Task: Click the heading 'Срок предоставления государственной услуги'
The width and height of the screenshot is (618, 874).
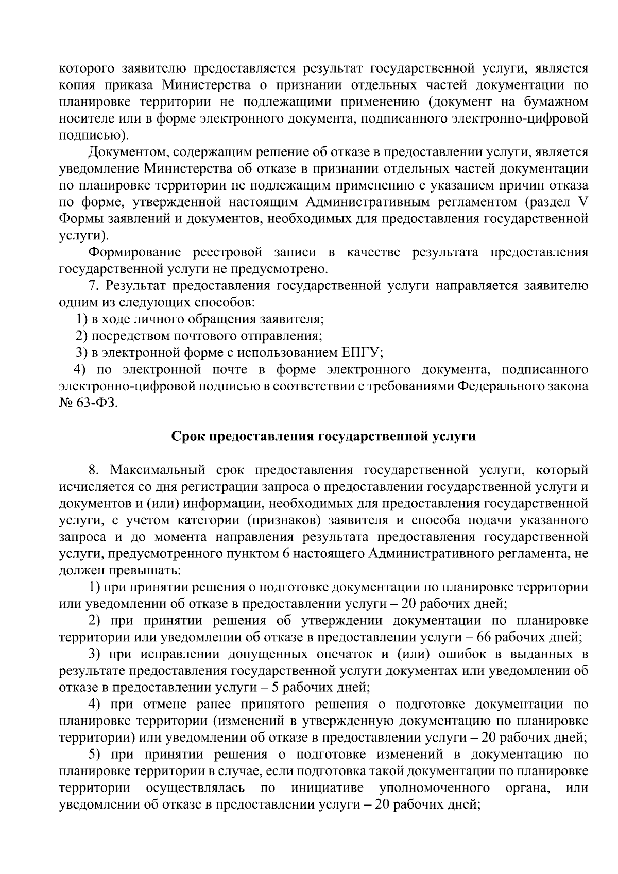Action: click(x=323, y=436)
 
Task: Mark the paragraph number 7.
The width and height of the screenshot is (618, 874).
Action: click(x=92, y=285)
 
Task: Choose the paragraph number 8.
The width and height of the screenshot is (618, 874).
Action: click(x=92, y=470)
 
